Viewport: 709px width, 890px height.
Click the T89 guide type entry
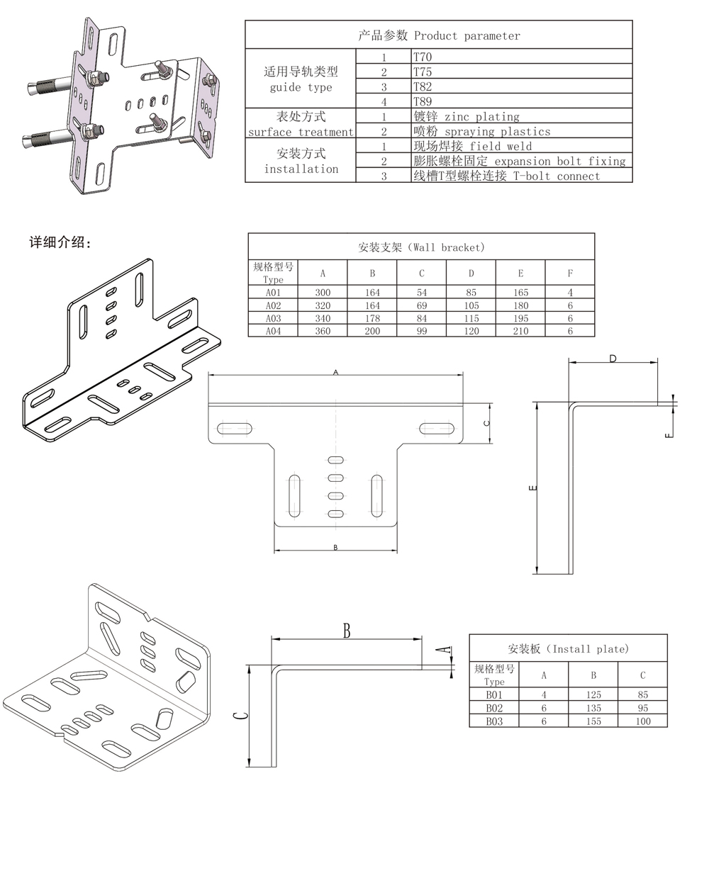423,101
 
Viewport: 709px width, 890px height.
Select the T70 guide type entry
423,57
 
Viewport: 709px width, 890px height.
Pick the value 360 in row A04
323,331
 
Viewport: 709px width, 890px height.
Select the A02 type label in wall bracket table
273,305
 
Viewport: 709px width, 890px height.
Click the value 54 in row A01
422,293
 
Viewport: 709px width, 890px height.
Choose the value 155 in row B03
593,721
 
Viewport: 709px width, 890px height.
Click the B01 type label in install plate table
494,695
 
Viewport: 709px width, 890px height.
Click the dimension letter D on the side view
613,359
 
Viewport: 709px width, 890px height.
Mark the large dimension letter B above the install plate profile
347,631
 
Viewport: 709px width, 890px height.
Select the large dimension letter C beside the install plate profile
241,716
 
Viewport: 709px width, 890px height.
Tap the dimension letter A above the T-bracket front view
336,372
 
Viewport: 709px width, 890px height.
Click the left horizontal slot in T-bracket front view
234,428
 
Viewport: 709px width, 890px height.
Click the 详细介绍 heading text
60,242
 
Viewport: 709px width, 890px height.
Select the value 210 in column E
520,331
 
